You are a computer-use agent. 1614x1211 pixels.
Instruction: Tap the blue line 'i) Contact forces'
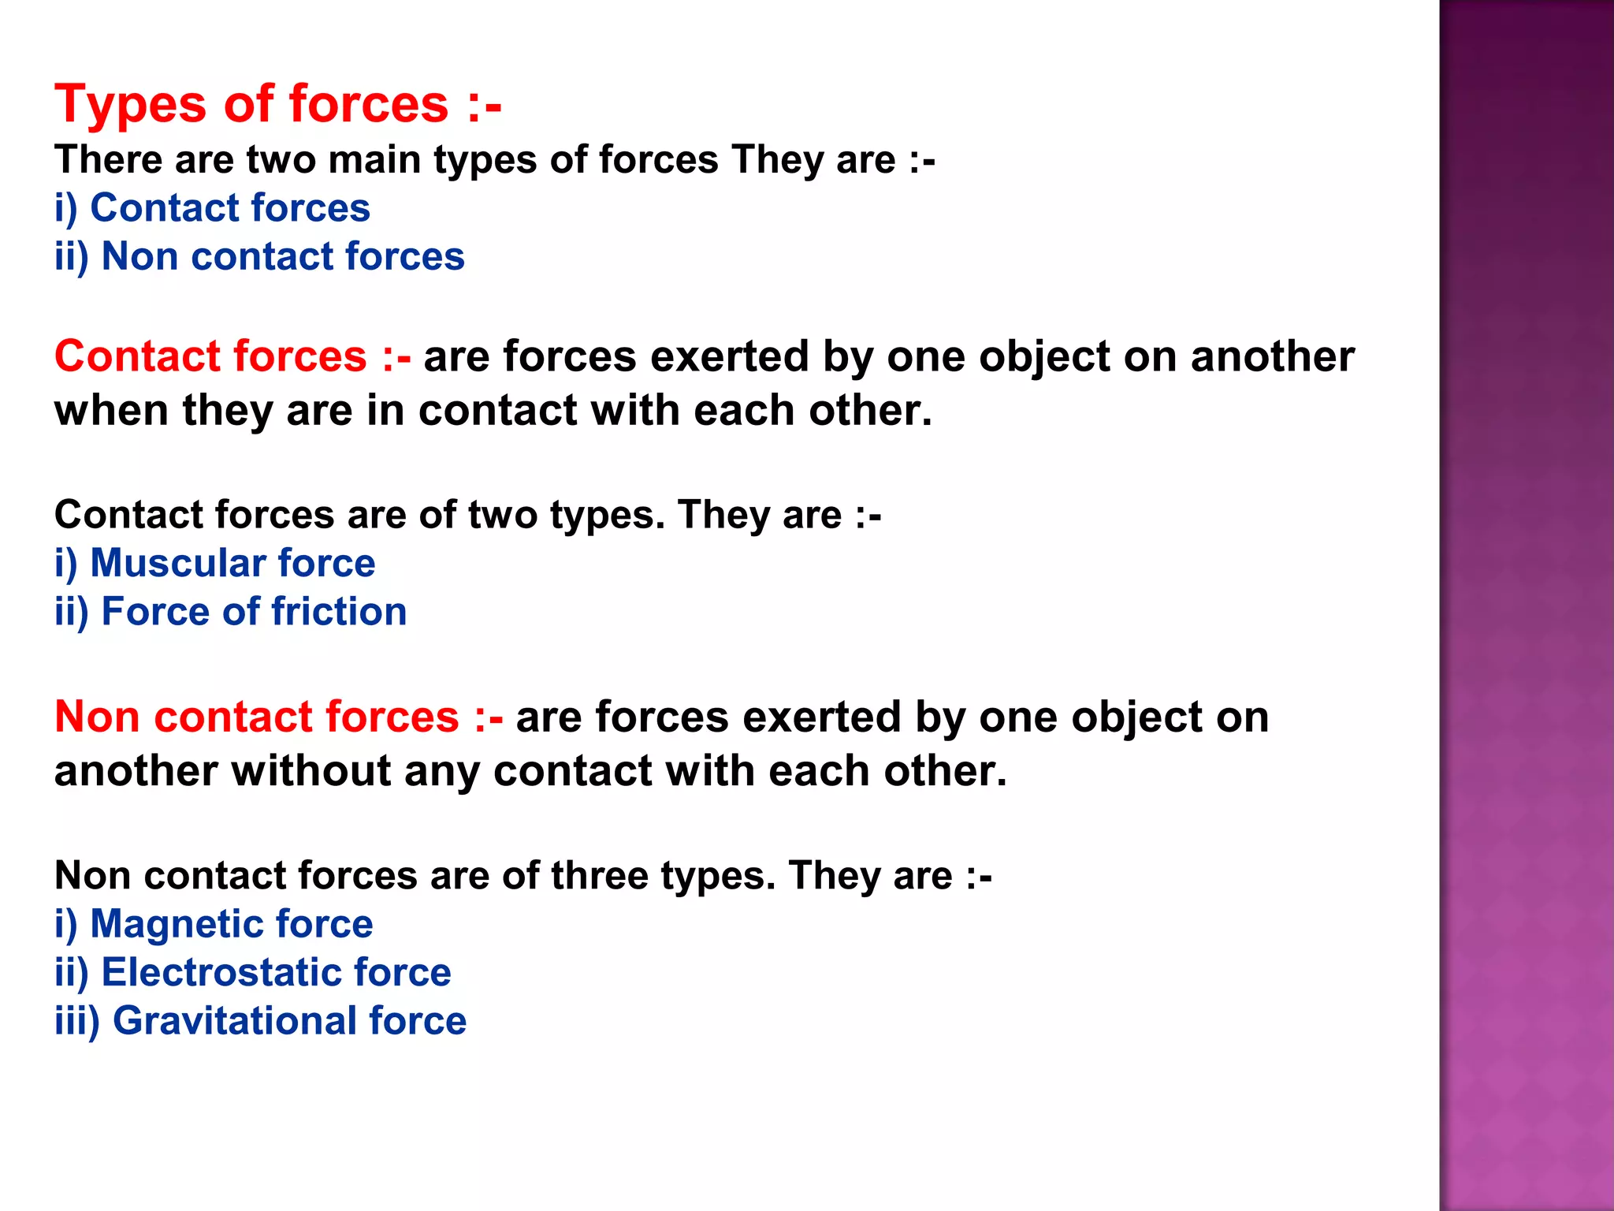(x=212, y=209)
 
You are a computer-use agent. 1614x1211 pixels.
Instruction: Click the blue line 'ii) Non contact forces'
(x=259, y=257)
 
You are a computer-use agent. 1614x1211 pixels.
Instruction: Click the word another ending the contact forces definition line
(x=1272, y=356)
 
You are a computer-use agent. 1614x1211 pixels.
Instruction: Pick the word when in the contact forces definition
(x=111, y=411)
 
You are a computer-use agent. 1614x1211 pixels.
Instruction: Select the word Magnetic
(x=177, y=924)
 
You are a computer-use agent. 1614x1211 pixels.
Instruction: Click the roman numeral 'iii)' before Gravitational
(x=76, y=1021)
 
